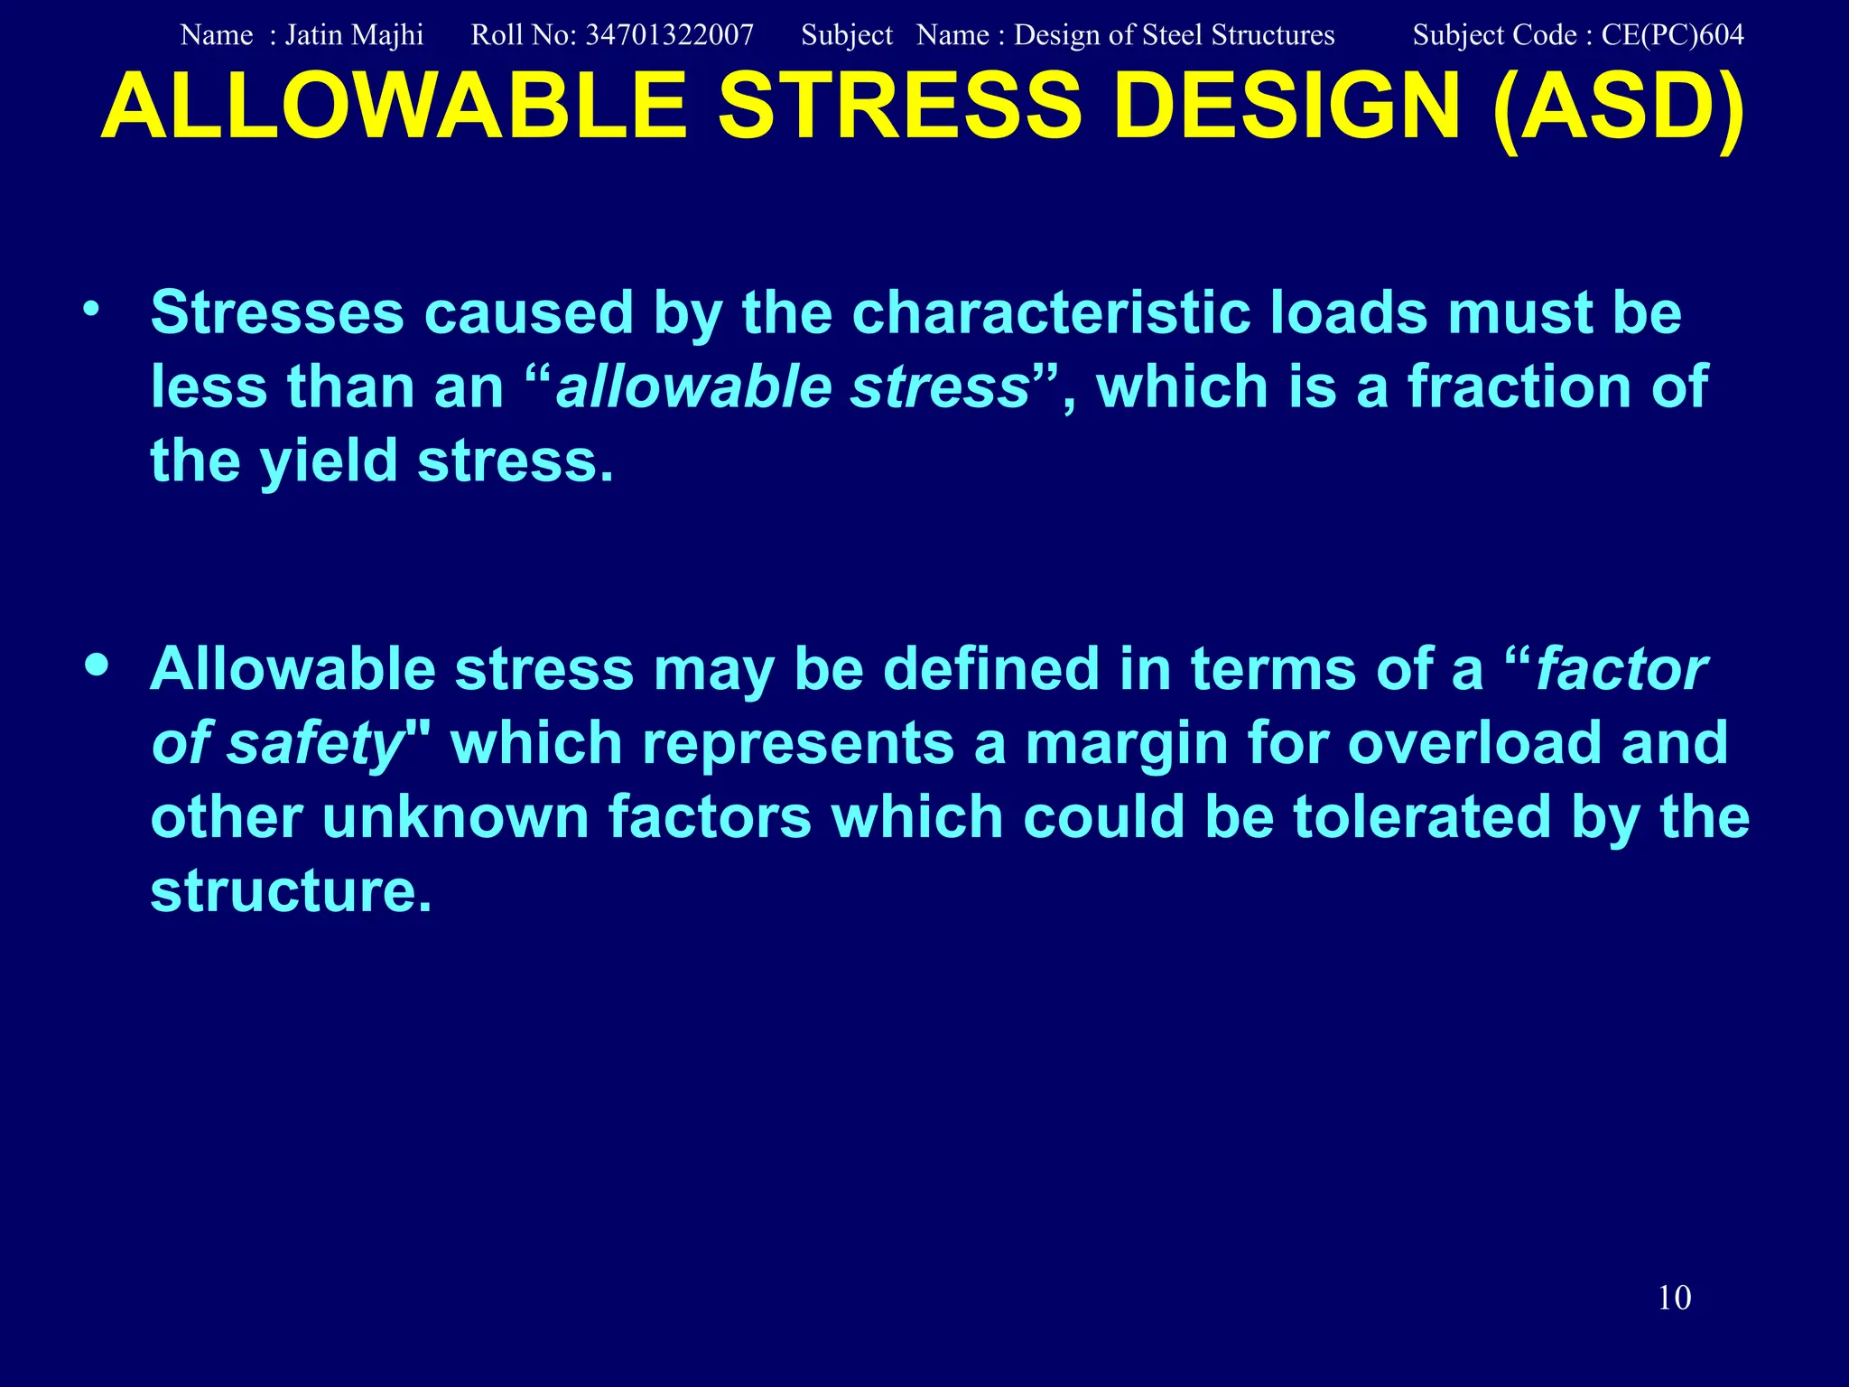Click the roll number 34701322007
point(669,35)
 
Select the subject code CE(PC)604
point(1672,35)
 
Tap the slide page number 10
point(1674,1298)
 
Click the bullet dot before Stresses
point(91,311)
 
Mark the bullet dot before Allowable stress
point(97,666)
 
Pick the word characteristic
point(1051,312)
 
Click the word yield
point(329,461)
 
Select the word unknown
point(455,817)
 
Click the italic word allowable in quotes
point(693,386)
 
